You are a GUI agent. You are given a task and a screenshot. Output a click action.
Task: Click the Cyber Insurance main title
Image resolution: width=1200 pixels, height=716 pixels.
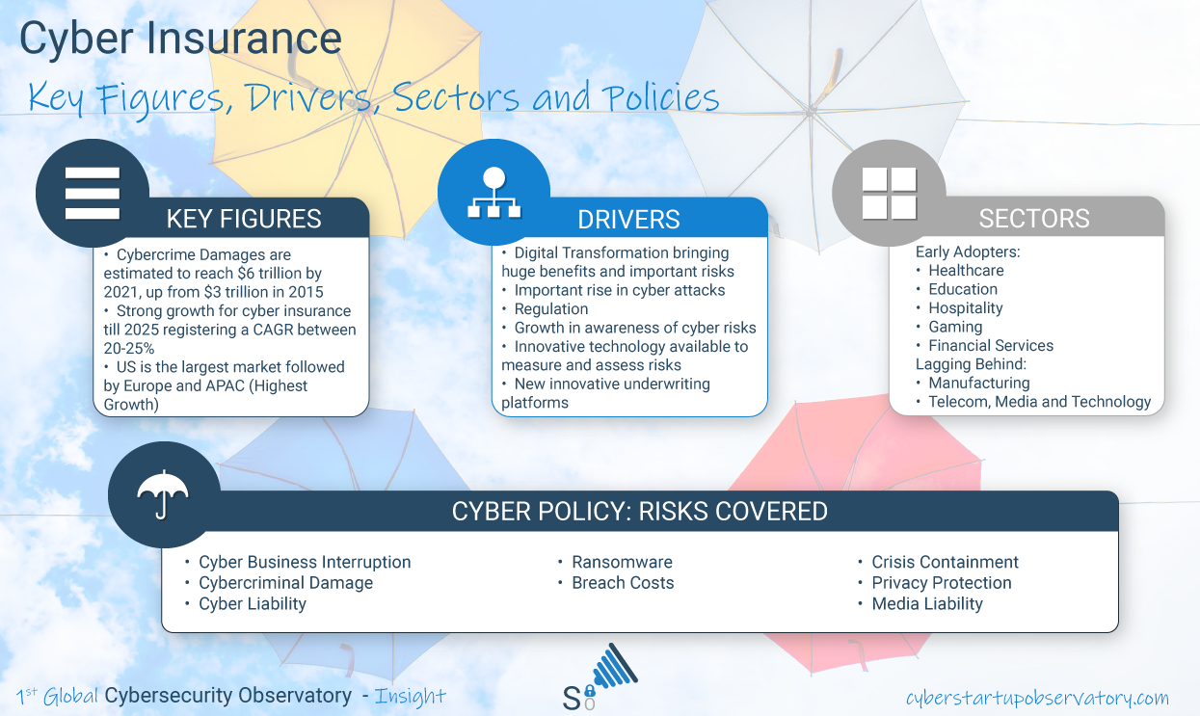pyautogui.click(x=180, y=39)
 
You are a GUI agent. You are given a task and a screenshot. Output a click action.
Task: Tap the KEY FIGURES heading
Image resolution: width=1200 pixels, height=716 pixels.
pyautogui.click(x=244, y=219)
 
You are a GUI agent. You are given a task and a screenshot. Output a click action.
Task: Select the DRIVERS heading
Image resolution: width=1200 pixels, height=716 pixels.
pyautogui.click(x=628, y=219)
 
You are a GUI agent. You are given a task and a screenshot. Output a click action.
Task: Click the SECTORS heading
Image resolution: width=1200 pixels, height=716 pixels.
pyautogui.click(x=1034, y=218)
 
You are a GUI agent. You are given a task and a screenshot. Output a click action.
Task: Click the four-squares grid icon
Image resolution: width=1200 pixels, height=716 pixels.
pyautogui.click(x=890, y=194)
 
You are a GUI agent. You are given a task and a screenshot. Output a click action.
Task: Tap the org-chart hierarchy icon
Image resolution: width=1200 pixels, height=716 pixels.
pyautogui.click(x=493, y=193)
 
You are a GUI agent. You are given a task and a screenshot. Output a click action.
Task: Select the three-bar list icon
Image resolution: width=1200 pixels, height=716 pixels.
pyautogui.click(x=93, y=194)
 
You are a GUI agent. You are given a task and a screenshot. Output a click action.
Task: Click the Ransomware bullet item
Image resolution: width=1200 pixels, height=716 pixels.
pyautogui.click(x=622, y=562)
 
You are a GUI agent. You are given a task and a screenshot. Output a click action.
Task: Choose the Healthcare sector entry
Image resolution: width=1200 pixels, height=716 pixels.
pyautogui.click(x=966, y=270)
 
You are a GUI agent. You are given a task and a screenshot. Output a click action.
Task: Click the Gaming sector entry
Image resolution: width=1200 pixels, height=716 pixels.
pyautogui.click(x=955, y=327)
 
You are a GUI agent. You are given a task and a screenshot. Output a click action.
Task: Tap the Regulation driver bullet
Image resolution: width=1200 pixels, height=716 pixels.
pyautogui.click(x=551, y=309)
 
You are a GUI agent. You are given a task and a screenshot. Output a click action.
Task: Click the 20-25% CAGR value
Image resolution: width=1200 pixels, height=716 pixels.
pyautogui.click(x=128, y=348)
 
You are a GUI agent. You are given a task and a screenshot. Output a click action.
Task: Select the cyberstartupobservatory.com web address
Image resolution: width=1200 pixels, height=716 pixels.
pyautogui.click(x=1037, y=698)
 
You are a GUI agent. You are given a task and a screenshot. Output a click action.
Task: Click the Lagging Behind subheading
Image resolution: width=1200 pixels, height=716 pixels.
pyautogui.click(x=971, y=364)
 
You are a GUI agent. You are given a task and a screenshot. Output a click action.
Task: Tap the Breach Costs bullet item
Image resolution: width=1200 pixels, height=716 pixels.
pyautogui.click(x=623, y=583)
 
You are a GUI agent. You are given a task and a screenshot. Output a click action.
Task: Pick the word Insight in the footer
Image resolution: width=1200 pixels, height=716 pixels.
pyautogui.click(x=411, y=696)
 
